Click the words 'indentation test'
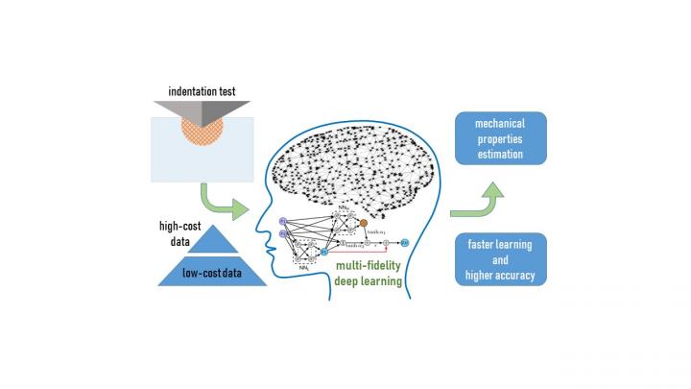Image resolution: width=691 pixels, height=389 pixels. coord(203,92)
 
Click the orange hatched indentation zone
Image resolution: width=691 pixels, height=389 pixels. coord(203,134)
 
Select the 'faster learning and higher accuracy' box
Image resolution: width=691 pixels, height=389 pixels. coord(500,259)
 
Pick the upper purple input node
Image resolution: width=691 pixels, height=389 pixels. coord(283,222)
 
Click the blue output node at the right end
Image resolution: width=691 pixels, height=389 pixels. coord(405,244)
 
